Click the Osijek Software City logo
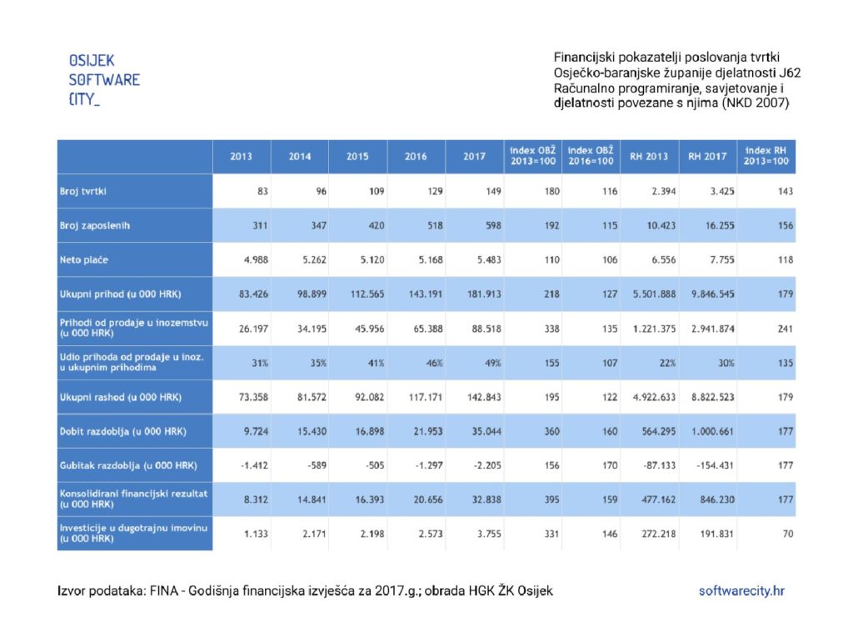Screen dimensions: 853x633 (104, 79)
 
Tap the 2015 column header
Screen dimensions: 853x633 (357, 156)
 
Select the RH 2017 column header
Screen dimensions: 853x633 (707, 156)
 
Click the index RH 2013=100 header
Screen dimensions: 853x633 (766, 156)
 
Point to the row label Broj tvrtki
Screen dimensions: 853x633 (82, 191)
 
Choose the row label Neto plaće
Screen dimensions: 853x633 (84, 260)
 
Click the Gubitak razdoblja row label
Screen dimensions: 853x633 (128, 465)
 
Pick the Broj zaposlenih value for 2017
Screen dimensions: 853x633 (493, 225)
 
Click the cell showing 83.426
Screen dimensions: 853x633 (253, 294)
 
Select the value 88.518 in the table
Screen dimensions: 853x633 (486, 329)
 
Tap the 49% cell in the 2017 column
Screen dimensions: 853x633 (493, 363)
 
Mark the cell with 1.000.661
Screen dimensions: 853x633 (713, 431)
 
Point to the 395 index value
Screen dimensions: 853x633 (551, 500)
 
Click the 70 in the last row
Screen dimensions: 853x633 (788, 534)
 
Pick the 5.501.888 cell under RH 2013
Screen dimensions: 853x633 (654, 294)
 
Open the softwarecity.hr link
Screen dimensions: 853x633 (741, 590)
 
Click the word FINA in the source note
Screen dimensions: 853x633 (164, 590)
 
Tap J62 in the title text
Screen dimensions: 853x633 (790, 73)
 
